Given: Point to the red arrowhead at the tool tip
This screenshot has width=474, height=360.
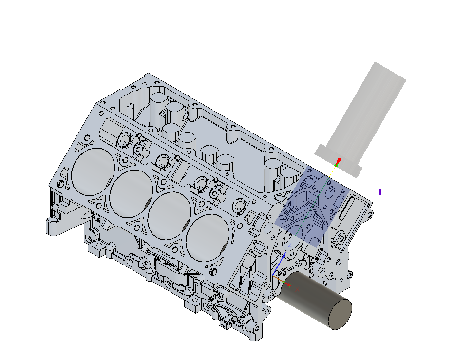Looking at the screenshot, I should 339,161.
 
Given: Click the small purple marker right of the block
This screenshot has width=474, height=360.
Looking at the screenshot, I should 380,192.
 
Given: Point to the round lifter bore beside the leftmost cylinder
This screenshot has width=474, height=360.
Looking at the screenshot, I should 126,140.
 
